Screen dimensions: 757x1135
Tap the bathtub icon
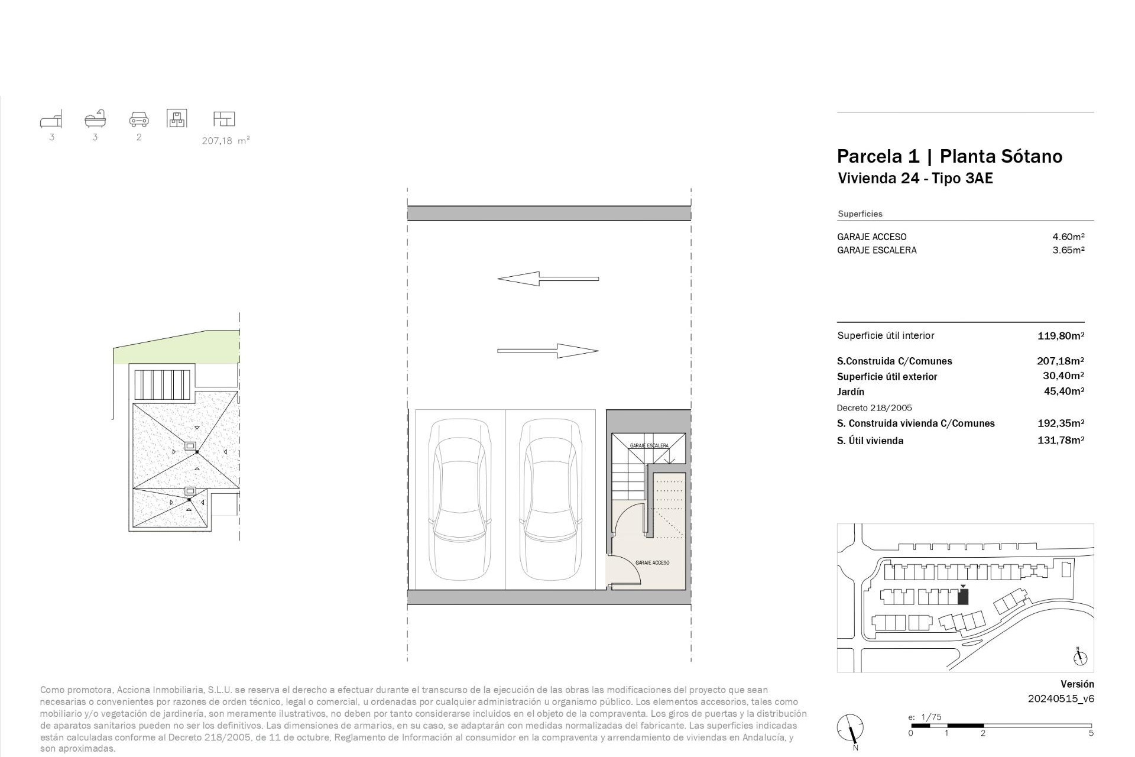pos(95,119)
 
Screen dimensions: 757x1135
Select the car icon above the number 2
pos(139,119)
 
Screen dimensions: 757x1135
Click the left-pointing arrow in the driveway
pos(548,279)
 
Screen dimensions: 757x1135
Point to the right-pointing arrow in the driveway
pos(548,351)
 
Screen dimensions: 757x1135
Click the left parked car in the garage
pos(460,500)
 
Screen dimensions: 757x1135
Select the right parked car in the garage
pos(550,500)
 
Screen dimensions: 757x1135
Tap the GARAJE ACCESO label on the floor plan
pos(652,562)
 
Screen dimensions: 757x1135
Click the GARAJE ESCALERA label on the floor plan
pos(649,445)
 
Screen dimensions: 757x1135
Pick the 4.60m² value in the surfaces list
pos(1068,237)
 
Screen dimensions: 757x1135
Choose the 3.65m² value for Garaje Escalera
pos(1068,250)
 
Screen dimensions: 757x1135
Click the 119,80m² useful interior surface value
pos(1061,336)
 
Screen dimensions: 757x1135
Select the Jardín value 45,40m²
pos(1063,391)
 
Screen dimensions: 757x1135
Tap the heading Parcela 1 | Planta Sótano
pos(949,156)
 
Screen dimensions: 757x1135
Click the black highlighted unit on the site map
pos(963,597)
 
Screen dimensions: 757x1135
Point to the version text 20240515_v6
pos(1061,698)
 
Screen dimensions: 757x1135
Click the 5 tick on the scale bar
pos(1091,733)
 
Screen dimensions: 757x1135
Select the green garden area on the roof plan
pos(177,349)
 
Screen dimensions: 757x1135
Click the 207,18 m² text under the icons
pos(226,141)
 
